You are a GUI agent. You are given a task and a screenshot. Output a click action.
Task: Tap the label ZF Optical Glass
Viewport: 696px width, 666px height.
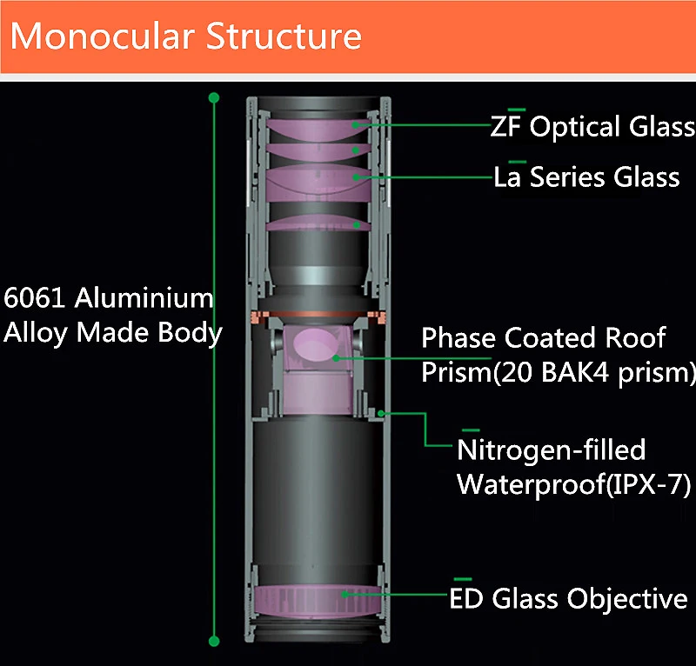point(592,127)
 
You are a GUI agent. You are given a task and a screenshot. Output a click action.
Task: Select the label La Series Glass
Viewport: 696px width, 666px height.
point(586,177)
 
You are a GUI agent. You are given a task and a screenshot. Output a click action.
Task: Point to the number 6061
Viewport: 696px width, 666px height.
point(36,298)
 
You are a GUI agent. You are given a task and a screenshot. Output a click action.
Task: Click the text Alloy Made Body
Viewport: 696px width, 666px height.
point(112,332)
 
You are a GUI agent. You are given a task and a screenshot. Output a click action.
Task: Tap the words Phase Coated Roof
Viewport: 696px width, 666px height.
point(543,337)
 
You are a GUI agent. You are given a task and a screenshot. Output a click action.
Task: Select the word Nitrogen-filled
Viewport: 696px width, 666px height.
point(552,450)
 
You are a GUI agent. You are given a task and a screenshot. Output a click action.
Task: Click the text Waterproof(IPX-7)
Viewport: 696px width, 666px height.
point(573,484)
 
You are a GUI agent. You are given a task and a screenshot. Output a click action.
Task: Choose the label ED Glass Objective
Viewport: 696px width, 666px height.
point(568,599)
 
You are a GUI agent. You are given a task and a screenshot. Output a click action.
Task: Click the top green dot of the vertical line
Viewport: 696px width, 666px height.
point(214,98)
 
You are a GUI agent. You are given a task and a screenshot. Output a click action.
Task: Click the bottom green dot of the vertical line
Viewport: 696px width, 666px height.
point(214,642)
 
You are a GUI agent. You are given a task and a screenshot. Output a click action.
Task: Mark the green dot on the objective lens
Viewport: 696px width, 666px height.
point(347,595)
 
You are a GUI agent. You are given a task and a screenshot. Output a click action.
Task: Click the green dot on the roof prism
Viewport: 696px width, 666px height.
point(334,356)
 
